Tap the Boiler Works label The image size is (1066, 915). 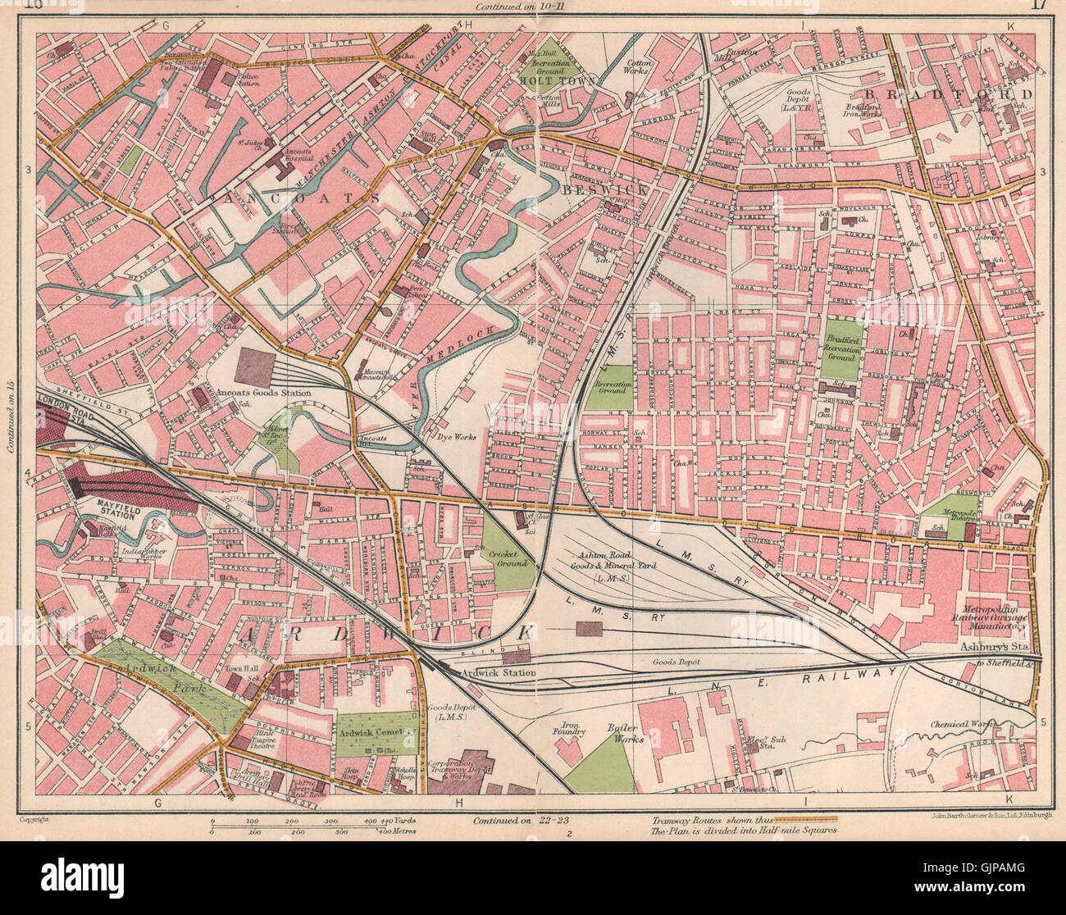pyautogui.click(x=626, y=733)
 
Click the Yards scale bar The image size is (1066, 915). pyautogui.click(x=312, y=819)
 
